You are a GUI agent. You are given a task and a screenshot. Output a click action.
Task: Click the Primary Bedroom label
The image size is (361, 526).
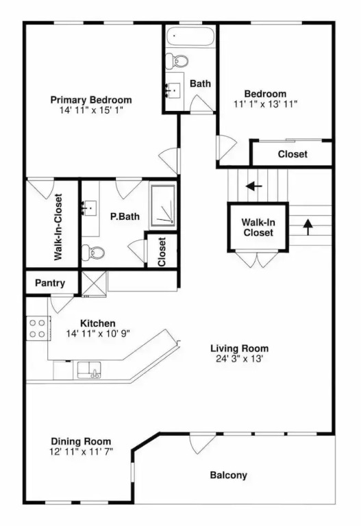point(91,100)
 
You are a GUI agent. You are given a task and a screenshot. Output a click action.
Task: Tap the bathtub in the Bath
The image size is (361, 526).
point(190,36)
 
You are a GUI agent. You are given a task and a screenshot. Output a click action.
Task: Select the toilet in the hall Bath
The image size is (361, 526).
point(177,61)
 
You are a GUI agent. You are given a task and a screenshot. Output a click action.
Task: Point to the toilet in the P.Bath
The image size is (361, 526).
point(93,251)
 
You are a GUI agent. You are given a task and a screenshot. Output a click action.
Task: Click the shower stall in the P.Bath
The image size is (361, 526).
point(163,205)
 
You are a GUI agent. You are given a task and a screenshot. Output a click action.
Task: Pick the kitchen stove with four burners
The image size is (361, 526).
point(38,329)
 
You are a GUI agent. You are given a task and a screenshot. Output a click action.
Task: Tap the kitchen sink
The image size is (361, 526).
point(89,370)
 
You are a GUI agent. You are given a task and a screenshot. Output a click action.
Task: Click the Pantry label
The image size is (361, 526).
point(50,283)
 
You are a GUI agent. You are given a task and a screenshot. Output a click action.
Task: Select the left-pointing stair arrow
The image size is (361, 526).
point(253,186)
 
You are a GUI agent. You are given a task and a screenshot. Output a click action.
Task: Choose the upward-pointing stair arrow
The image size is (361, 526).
point(308,227)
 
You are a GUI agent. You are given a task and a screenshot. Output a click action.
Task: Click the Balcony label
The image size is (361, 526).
point(229,475)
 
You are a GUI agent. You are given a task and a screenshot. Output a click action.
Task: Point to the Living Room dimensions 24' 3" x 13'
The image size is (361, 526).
point(240,359)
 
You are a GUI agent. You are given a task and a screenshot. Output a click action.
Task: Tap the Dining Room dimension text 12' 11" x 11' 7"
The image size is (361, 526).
point(81,451)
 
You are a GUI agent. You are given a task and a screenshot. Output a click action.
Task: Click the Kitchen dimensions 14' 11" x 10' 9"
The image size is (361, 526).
point(98,334)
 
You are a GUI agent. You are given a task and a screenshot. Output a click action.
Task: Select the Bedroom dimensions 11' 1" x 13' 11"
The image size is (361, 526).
point(265,104)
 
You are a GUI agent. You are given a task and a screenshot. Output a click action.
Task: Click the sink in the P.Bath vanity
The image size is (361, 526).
point(90,208)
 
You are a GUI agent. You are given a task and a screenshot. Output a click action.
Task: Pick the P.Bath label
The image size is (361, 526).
point(125,216)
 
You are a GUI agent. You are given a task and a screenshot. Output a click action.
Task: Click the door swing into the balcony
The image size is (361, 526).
point(203,444)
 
